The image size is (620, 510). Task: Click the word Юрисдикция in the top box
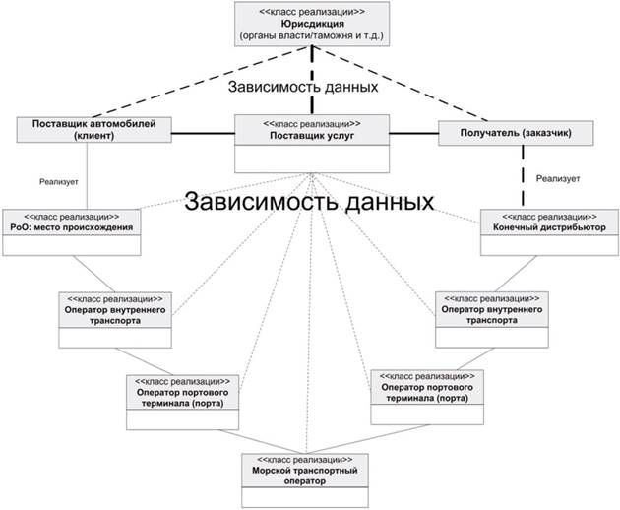pyautogui.click(x=311, y=24)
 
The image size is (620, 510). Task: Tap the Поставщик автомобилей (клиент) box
pyautogui.click(x=94, y=131)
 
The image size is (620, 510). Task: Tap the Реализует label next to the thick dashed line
pyautogui.click(x=560, y=179)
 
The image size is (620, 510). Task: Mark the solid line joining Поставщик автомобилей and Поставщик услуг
pyautogui.click(x=203, y=132)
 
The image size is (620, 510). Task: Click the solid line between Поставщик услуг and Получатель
pyautogui.click(x=414, y=132)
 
